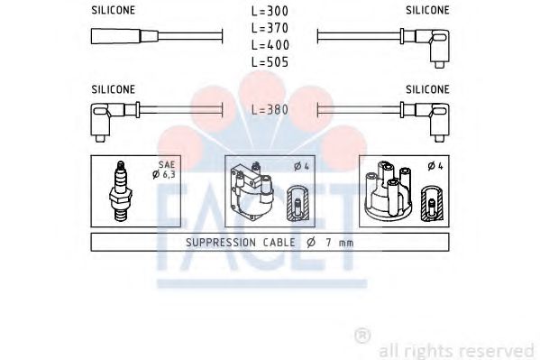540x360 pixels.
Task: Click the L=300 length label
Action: pyautogui.click(x=270, y=11)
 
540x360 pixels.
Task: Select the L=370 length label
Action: pyautogui.click(x=270, y=28)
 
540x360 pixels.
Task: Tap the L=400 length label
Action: pyautogui.click(x=270, y=45)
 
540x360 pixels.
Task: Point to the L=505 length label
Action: pyautogui.click(x=270, y=62)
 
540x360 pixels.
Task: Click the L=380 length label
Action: pyautogui.click(x=270, y=110)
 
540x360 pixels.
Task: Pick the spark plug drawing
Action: pyautogui.click(x=120, y=190)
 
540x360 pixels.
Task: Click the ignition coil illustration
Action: pyautogui.click(x=252, y=191)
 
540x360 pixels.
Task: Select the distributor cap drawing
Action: pyautogui.click(x=389, y=189)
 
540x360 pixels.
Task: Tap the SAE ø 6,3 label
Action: pyautogui.click(x=164, y=170)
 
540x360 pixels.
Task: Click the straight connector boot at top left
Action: pyautogui.click(x=124, y=36)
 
